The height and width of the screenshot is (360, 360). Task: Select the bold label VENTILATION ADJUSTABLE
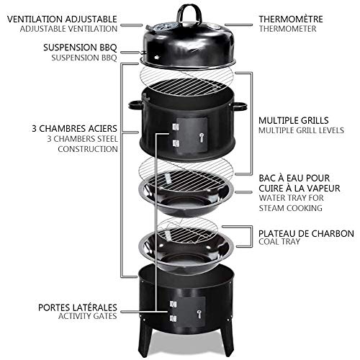coord(62,16)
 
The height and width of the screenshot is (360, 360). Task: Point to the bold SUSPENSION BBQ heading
coord(80,45)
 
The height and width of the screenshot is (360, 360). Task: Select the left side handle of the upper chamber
coord(135,106)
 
